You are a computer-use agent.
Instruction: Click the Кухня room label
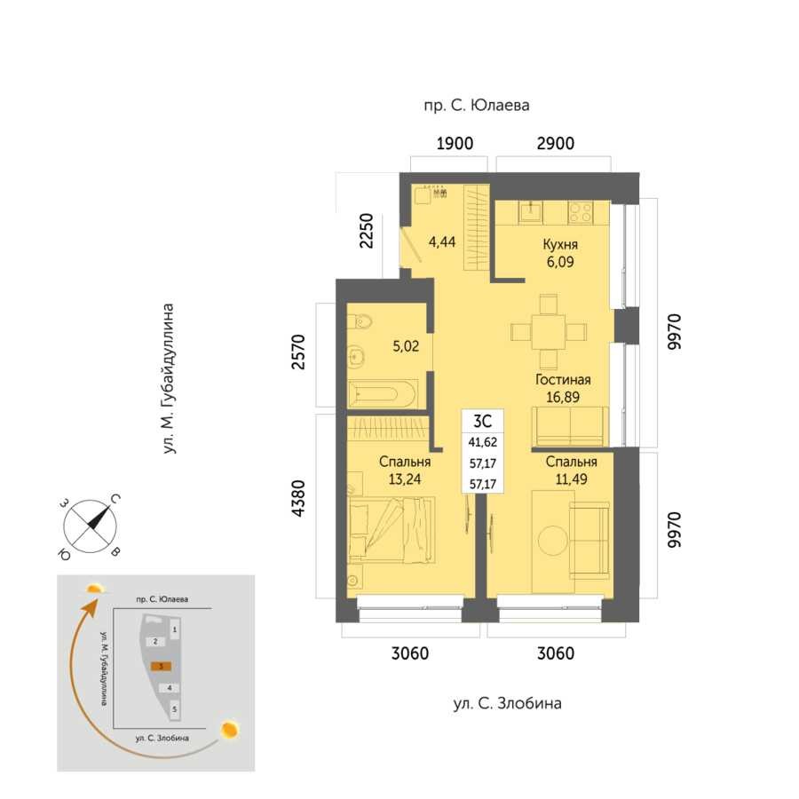[560, 245]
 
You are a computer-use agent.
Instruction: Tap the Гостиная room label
[563, 380]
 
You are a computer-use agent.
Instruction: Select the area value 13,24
[405, 479]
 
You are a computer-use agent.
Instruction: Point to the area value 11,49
[571, 479]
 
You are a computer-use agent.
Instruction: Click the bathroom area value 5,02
[406, 346]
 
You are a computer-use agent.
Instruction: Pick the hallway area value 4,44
[442, 241]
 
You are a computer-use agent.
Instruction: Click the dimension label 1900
[455, 144]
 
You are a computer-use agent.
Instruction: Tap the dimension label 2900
[556, 144]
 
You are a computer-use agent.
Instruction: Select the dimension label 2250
[367, 231]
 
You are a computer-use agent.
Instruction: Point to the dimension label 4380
[297, 498]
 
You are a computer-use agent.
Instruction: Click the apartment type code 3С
[482, 422]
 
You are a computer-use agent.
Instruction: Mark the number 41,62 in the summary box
[483, 442]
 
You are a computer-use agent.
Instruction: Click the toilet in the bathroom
[360, 321]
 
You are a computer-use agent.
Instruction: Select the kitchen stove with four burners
[581, 212]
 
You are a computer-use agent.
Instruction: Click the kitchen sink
[531, 212]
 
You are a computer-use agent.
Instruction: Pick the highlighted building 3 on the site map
[161, 666]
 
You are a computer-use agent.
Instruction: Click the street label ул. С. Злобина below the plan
[508, 704]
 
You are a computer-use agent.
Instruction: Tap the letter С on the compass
[115, 499]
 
